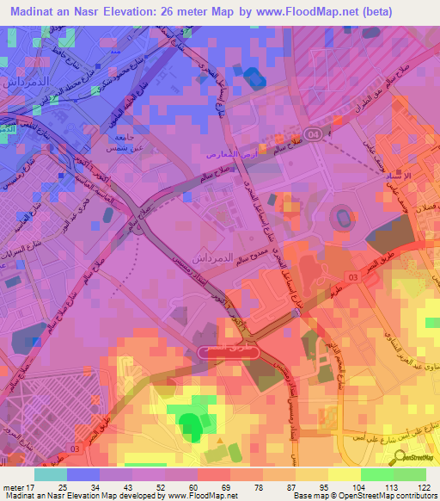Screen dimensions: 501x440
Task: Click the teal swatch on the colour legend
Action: click(x=50, y=474)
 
